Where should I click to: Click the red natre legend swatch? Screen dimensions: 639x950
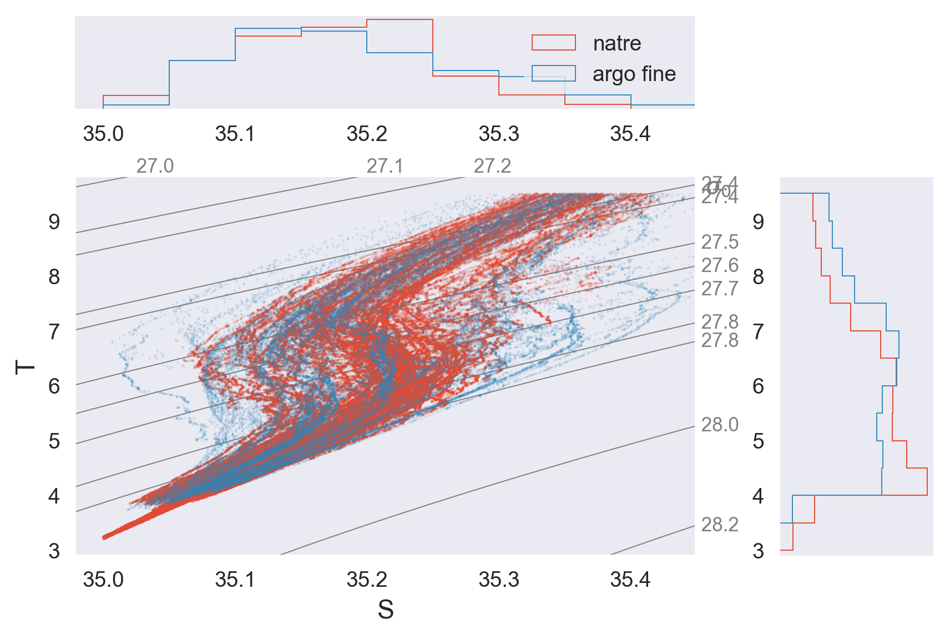point(553,43)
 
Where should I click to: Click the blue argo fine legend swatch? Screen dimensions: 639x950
point(553,74)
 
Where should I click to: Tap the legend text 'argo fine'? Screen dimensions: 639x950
point(634,74)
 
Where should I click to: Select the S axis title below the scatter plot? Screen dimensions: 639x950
point(386,610)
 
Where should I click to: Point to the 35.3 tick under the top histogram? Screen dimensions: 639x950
point(498,134)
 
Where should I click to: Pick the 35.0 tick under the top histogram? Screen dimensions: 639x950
point(103,134)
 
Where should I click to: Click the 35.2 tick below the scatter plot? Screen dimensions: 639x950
point(366,580)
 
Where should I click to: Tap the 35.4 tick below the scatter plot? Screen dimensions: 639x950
point(630,580)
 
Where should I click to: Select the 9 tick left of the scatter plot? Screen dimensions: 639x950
point(54,222)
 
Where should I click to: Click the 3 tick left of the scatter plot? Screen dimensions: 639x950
point(54,551)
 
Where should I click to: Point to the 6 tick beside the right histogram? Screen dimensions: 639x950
point(758,386)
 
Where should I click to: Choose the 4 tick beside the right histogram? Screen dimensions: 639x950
point(758,496)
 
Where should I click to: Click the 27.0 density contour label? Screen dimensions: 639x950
point(155,166)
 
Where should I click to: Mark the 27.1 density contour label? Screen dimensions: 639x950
point(385,166)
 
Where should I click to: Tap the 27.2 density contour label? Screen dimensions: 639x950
point(492,166)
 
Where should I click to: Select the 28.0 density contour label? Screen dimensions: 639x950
point(720,425)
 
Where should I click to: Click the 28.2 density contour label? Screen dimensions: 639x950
point(720,525)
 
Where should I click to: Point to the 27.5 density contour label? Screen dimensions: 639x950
point(720,242)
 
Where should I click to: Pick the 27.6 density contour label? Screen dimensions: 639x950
point(720,265)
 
